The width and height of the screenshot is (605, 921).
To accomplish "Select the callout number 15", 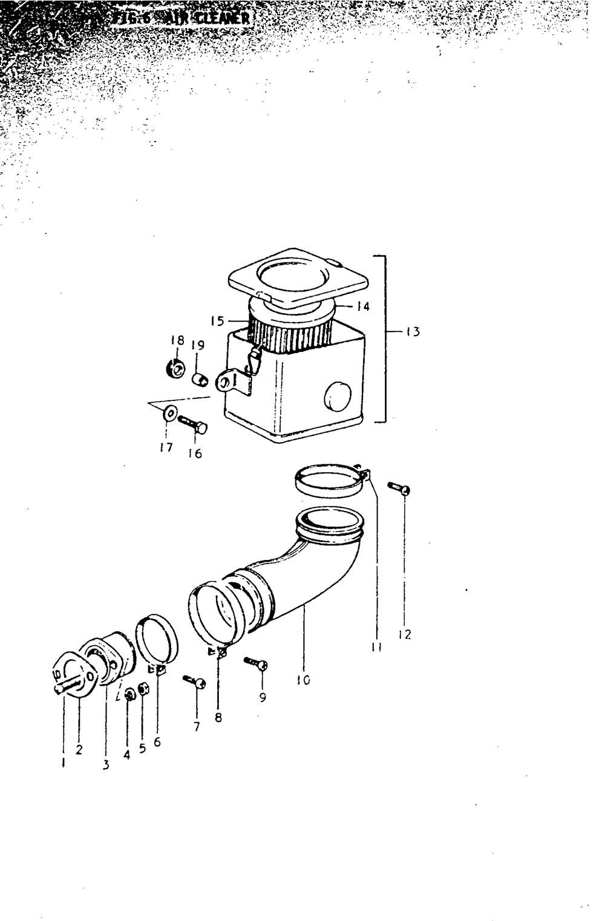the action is pos(217,321).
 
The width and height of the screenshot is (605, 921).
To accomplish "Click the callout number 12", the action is pos(405,634).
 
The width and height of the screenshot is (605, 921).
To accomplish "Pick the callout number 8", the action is pos(218,718).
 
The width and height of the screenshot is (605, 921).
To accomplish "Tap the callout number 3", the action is pos(106,765).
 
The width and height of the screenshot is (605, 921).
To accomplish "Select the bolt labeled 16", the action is pos(193,423).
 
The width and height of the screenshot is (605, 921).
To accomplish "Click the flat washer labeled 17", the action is pos(169,414).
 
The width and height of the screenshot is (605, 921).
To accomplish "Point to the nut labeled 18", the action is pos(176,368).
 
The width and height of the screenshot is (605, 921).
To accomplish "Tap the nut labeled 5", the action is pos(144,689).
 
